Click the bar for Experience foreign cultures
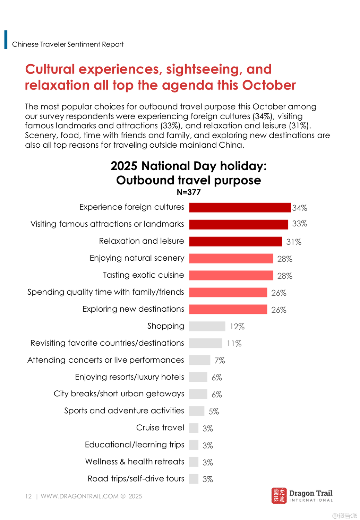point(240,207)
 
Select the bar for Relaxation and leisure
point(235,241)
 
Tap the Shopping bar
point(207,326)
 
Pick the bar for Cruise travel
point(194,428)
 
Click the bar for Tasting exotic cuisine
point(231,275)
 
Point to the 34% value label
point(300,208)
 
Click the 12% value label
point(237,327)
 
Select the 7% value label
point(220,361)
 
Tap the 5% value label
point(214,411)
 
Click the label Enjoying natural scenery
point(137,258)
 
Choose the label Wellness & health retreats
point(135,461)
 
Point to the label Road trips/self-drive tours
point(136,478)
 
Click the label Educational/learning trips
point(135,444)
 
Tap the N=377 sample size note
point(189,192)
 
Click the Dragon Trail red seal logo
point(279,496)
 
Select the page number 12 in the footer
point(28,496)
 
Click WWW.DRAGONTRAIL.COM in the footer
point(79,496)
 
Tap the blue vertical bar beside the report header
point(6,40)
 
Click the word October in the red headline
point(269,85)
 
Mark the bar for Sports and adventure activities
point(197,411)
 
